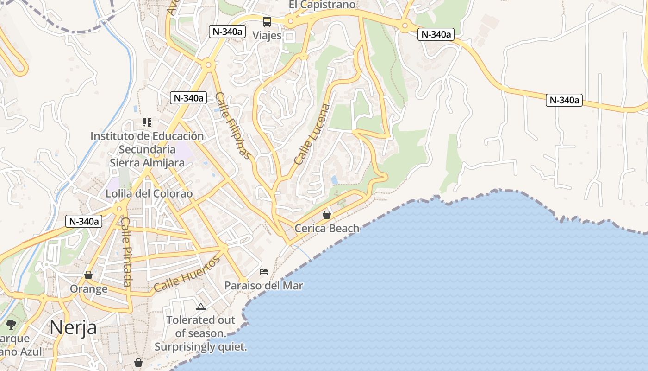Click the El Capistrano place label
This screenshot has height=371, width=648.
click(x=322, y=5)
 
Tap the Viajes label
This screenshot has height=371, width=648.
click(x=267, y=35)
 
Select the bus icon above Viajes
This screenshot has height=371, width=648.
click(x=267, y=21)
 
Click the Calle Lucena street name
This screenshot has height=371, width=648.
click(x=313, y=134)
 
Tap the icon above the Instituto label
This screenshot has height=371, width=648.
click(x=147, y=122)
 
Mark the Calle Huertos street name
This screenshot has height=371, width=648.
click(x=187, y=274)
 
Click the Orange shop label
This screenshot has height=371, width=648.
click(x=89, y=289)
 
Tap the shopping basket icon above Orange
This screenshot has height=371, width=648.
click(x=88, y=275)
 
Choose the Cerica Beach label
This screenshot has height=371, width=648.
click(x=327, y=228)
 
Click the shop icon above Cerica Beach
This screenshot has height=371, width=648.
click(x=327, y=214)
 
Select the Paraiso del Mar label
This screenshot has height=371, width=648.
click(x=264, y=286)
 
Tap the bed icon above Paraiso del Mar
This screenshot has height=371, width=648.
click(x=264, y=272)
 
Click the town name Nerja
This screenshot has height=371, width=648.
click(x=73, y=327)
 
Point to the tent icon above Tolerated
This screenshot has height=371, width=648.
click(x=200, y=306)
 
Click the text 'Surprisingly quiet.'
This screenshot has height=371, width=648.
click(x=201, y=346)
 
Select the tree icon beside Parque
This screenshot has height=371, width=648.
click(x=11, y=325)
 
